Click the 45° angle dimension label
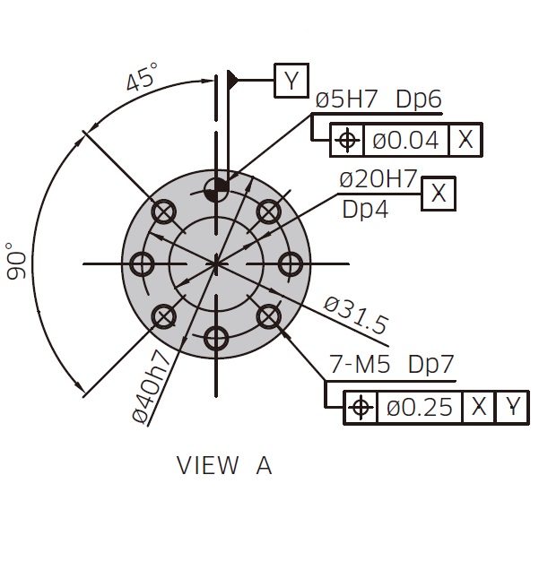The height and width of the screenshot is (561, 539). click(x=143, y=76)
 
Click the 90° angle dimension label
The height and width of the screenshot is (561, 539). click(x=16, y=261)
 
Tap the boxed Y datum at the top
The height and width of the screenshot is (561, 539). click(x=291, y=81)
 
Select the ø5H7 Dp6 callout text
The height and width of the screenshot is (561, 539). click(x=378, y=99)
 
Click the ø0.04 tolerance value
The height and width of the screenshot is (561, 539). click(x=405, y=140)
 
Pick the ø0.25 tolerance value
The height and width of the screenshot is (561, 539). click(x=420, y=408)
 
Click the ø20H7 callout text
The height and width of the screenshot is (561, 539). click(x=378, y=179)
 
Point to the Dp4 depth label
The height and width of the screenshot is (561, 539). click(x=365, y=210)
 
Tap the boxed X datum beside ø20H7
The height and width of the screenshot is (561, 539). click(x=438, y=194)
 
